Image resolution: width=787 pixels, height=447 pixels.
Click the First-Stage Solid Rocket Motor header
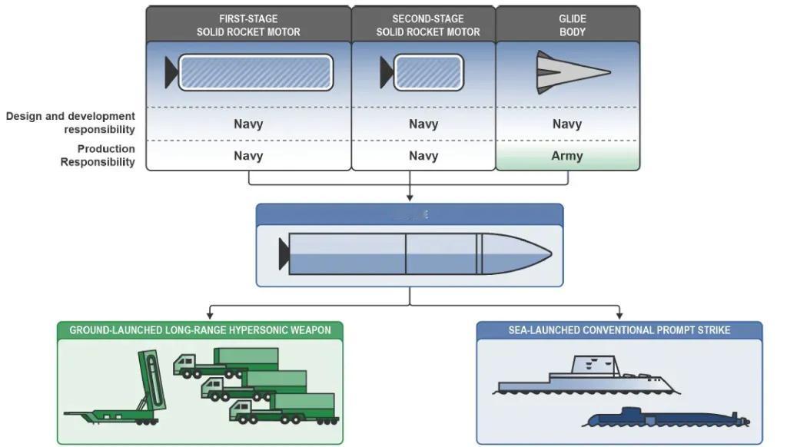click(x=248, y=25)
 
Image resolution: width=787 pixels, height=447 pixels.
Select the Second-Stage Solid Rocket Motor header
click(x=427, y=25)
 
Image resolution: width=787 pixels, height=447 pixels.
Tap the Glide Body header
click(x=572, y=25)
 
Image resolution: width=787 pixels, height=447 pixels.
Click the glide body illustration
click(x=571, y=72)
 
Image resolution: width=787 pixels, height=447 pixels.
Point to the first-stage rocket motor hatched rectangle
click(x=255, y=72)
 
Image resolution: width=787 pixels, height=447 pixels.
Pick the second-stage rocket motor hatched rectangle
click(x=429, y=72)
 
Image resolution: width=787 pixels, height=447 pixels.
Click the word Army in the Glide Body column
click(x=567, y=156)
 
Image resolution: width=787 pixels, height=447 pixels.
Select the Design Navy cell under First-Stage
click(x=248, y=124)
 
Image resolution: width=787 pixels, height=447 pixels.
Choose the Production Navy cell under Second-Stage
click(x=423, y=156)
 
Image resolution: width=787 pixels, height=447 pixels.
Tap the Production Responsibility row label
click(x=98, y=155)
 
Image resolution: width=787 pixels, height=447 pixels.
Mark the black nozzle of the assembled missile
click(x=284, y=253)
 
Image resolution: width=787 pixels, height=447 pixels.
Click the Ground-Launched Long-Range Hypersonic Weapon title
click(x=200, y=330)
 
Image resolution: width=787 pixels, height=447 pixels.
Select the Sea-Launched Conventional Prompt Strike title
click(x=619, y=330)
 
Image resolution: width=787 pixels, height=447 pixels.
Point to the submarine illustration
click(x=665, y=419)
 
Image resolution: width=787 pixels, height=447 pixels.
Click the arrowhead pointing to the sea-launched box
click(x=619, y=315)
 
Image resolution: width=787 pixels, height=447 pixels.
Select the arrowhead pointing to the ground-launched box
click(x=208, y=315)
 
